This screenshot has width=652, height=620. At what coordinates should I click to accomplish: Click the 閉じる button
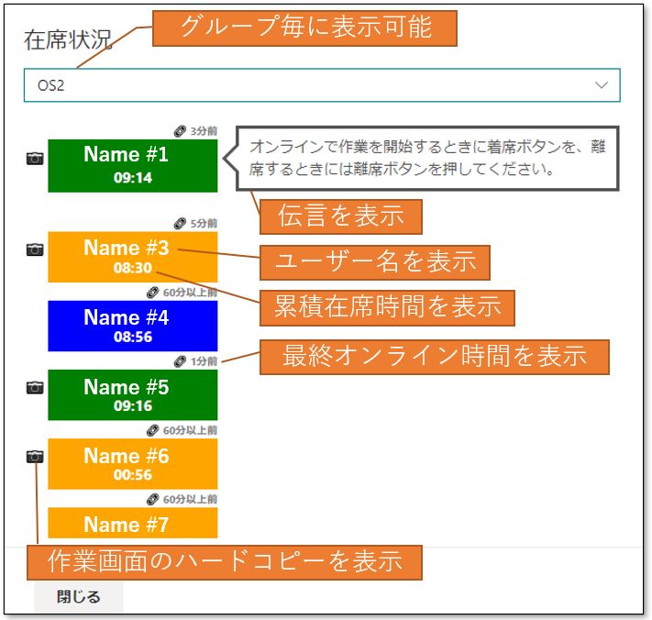(78, 597)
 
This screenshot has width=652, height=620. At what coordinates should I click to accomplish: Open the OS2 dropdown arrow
(602, 85)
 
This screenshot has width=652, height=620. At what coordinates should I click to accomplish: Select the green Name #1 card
(133, 165)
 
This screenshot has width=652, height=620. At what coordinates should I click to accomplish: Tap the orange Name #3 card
(133, 257)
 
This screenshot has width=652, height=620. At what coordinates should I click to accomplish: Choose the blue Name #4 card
(133, 326)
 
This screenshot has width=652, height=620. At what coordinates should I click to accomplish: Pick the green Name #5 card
(133, 394)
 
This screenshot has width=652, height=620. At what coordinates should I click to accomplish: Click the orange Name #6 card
(133, 464)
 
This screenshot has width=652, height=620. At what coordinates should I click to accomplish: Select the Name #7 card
(133, 523)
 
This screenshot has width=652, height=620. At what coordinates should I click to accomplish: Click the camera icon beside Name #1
(35, 159)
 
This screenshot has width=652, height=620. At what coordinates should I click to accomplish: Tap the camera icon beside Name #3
(35, 249)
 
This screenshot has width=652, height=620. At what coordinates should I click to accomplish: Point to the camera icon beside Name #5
(35, 388)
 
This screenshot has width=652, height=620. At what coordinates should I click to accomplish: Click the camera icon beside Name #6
(35, 457)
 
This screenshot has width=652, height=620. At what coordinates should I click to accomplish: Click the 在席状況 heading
(68, 40)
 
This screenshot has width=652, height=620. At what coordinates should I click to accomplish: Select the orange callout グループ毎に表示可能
(304, 28)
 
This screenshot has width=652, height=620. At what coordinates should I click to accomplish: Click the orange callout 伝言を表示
(341, 216)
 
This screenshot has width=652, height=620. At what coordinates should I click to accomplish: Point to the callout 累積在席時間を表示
(387, 308)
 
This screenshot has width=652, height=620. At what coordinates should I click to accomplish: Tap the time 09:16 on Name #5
(133, 406)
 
